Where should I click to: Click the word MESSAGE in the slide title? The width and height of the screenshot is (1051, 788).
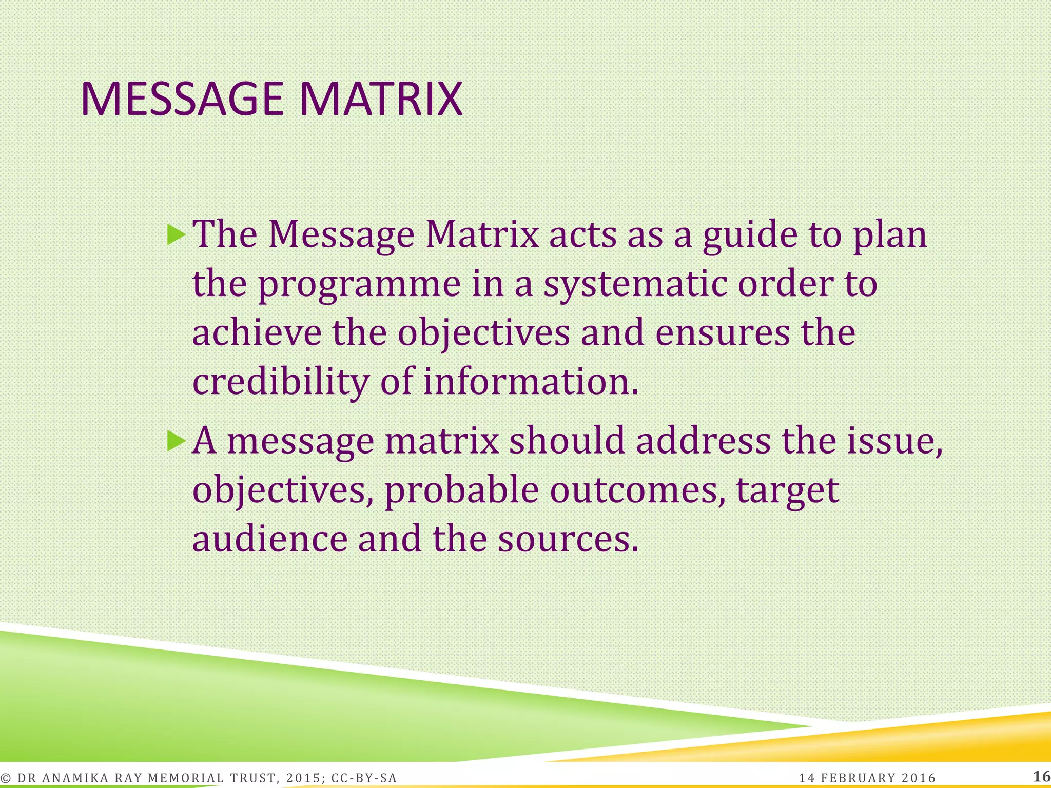pyautogui.click(x=182, y=99)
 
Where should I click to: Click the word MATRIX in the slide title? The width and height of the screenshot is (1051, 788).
pyautogui.click(x=381, y=99)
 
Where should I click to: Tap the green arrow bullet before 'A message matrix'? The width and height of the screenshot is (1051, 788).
pyautogui.click(x=176, y=441)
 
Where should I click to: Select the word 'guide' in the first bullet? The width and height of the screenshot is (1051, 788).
pyautogui.click(x=750, y=236)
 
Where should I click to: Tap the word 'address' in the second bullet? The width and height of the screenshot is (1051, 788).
pyautogui.click(x=703, y=441)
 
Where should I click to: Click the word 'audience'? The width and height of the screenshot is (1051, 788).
pyautogui.click(x=270, y=539)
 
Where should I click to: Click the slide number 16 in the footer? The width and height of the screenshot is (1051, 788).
pyautogui.click(x=1041, y=776)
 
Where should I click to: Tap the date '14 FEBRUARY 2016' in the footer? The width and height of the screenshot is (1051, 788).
pyautogui.click(x=867, y=778)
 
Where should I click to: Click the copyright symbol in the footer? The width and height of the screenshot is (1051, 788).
pyautogui.click(x=6, y=778)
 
